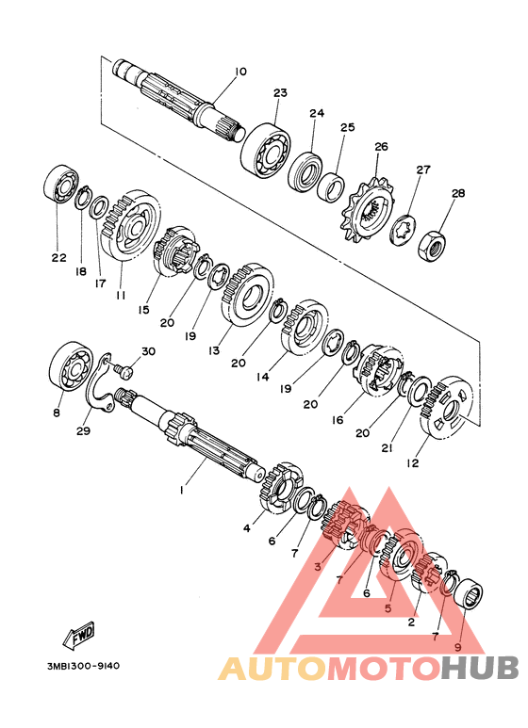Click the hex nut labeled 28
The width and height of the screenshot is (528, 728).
point(432,245)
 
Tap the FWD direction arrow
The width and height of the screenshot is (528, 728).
point(79,634)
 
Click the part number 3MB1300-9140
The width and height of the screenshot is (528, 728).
point(83,666)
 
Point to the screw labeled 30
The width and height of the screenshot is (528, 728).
point(124,370)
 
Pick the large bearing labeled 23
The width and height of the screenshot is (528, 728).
point(266,150)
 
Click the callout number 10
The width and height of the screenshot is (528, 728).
point(240,72)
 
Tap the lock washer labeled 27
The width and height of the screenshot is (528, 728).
point(403,231)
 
